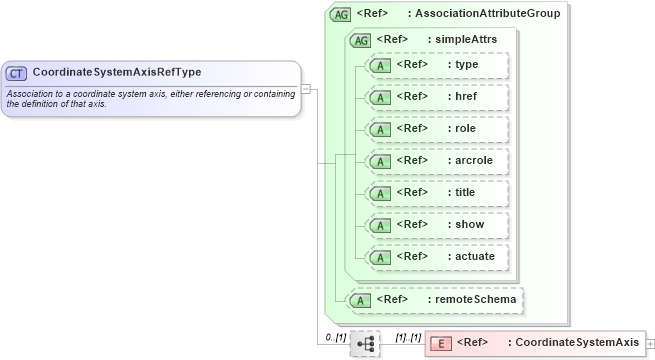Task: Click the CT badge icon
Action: pyautogui.click(x=17, y=73)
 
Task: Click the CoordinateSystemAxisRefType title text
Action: pyautogui.click(x=117, y=73)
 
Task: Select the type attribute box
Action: pyautogui.click(x=437, y=66)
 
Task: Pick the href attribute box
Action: pyautogui.click(x=437, y=98)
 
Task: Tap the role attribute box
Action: pyautogui.click(x=437, y=130)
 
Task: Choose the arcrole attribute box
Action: pyautogui.click(x=437, y=161)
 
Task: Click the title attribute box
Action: pyautogui.click(x=437, y=193)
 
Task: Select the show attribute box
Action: pyautogui.click(x=437, y=225)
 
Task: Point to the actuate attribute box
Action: pyautogui.click(x=437, y=257)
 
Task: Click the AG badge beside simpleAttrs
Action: pyautogui.click(x=359, y=41)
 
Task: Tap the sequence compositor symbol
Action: pyautogui.click(x=365, y=343)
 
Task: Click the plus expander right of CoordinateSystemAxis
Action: pyautogui.click(x=650, y=343)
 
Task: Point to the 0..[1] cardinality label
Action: pyautogui.click(x=336, y=336)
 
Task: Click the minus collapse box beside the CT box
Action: pyautogui.click(x=306, y=89)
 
